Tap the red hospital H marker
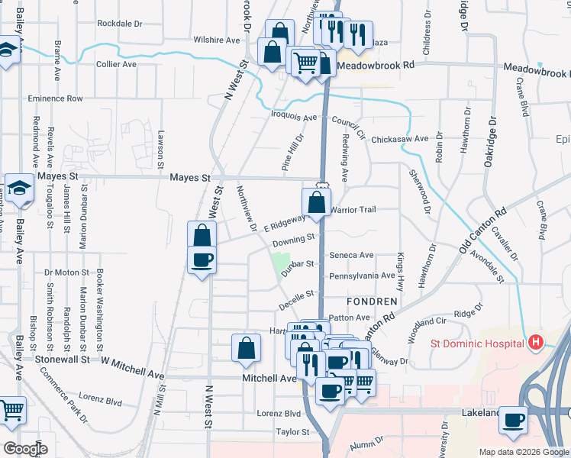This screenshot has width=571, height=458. (536, 343)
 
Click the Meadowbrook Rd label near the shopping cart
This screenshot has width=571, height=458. (375, 66)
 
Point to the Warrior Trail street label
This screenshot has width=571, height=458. (353, 209)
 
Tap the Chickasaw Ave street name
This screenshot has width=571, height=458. (400, 140)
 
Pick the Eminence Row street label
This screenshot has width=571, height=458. (55, 98)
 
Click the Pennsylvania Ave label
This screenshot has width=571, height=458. (362, 276)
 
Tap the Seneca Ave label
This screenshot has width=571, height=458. (351, 255)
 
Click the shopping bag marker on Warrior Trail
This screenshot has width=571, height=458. (316, 203)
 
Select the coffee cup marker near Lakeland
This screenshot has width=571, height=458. (514, 419)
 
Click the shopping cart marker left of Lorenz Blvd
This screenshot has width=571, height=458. (13, 411)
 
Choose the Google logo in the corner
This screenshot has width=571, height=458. (25, 449)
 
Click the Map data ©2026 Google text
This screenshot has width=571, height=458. (524, 452)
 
